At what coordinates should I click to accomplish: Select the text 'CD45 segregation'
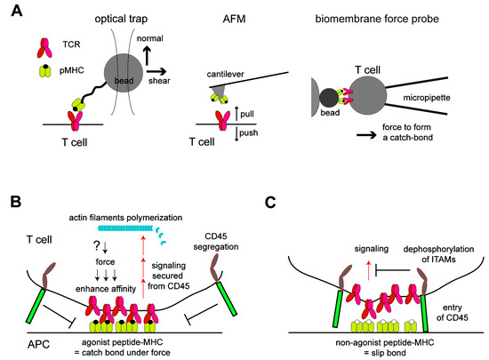[x=213, y=246]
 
